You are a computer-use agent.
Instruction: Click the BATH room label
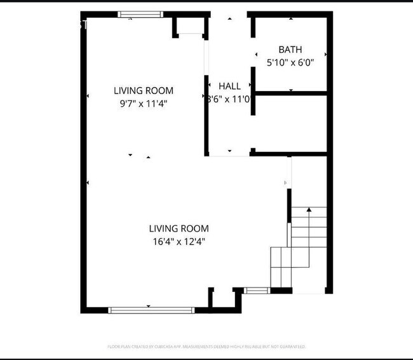point(290,50)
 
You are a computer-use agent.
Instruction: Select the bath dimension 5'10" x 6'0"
point(290,63)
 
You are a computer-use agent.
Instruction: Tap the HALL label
point(229,86)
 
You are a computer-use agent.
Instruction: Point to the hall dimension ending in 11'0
point(229,99)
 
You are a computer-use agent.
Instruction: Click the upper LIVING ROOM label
point(143,91)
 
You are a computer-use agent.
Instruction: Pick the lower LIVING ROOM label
point(179,228)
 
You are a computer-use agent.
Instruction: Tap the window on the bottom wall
point(151,310)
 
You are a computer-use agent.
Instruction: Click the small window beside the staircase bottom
point(257,291)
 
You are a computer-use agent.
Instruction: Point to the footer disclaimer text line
point(206,347)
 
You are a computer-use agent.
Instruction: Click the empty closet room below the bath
point(291,123)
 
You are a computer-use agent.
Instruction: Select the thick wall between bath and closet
point(291,93)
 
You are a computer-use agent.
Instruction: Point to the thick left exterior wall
point(83,159)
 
